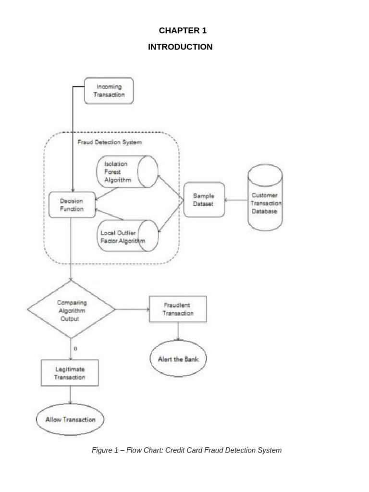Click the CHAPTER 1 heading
point(183,31)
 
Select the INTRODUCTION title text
point(180,47)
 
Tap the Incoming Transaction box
point(109,91)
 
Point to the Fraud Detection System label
point(110,142)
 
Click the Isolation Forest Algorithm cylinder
point(127,172)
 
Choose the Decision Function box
point(72,205)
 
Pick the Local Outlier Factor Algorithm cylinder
point(127,236)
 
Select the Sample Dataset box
point(204,200)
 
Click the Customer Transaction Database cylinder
point(265,197)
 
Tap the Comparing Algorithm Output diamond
point(71,310)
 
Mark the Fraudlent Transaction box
point(178,309)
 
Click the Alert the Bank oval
point(178,359)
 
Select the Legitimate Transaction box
point(70,373)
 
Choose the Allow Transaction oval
point(70,419)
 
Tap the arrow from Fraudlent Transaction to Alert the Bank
point(178,331)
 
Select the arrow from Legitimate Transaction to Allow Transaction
point(71,395)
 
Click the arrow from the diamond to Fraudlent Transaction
point(132,309)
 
